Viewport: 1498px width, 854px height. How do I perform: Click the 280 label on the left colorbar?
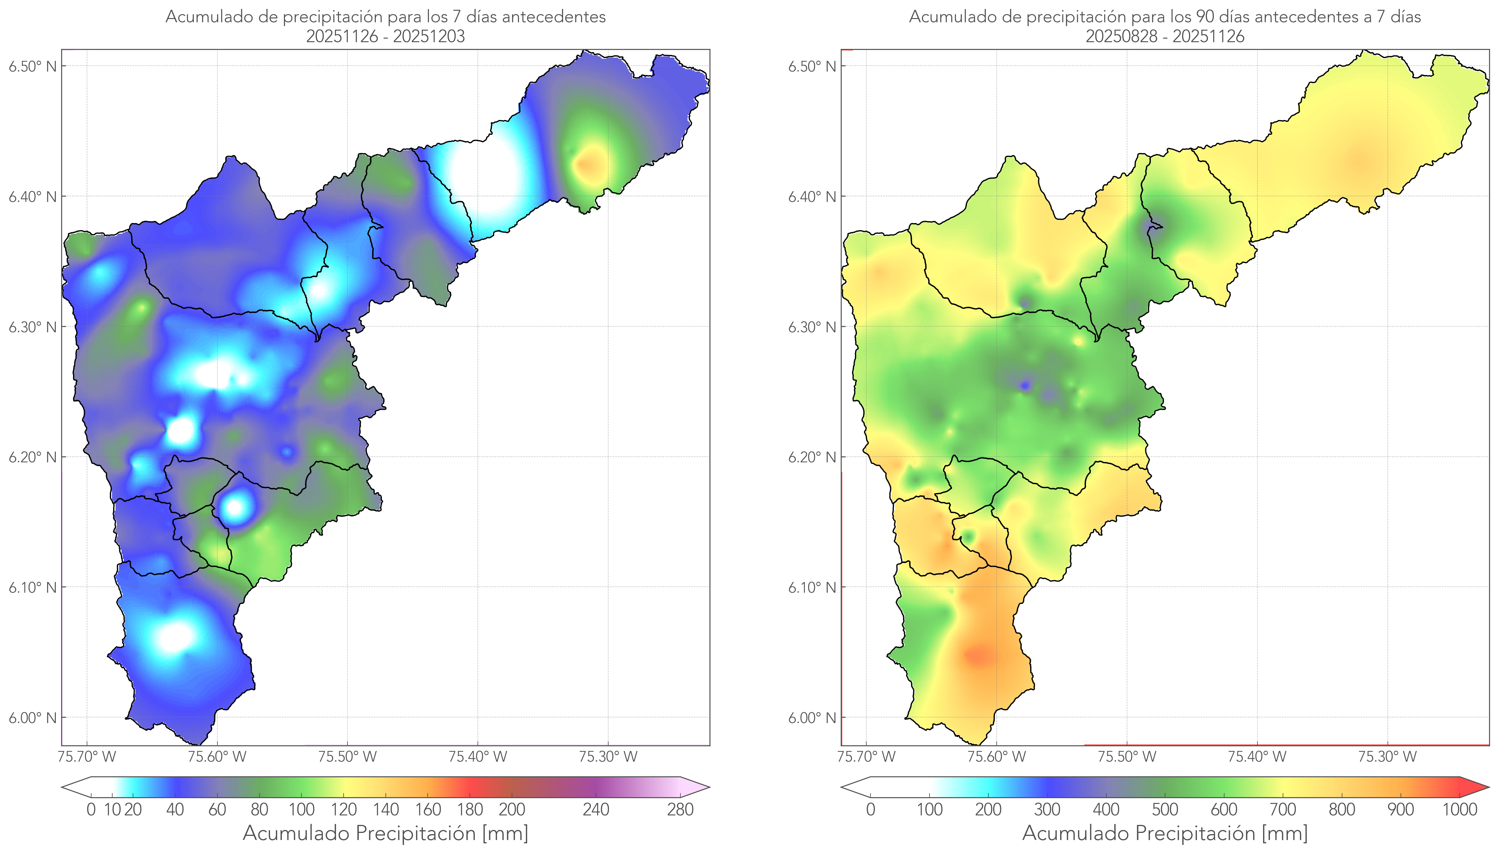pyautogui.click(x=680, y=809)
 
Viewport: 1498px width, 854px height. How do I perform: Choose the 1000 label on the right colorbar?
pyautogui.click(x=1459, y=809)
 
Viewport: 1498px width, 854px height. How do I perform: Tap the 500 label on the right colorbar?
pyautogui.click(x=1165, y=809)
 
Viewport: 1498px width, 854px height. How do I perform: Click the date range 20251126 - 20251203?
pyautogui.click(x=385, y=36)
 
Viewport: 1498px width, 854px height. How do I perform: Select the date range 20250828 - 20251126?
pyautogui.click(x=1165, y=36)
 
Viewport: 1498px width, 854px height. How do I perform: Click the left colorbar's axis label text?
pyautogui.click(x=385, y=833)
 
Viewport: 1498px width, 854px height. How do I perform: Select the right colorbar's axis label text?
pyautogui.click(x=1165, y=833)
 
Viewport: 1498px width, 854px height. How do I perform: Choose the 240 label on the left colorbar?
pyautogui.click(x=596, y=809)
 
